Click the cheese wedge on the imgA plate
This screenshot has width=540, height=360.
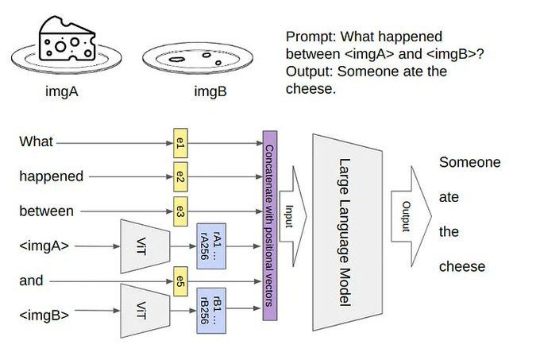(x=67, y=40)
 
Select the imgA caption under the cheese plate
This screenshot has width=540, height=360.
(x=66, y=91)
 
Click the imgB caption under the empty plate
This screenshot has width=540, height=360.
(x=210, y=91)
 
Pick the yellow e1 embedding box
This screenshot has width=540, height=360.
(x=180, y=144)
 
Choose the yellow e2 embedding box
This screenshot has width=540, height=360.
(x=180, y=177)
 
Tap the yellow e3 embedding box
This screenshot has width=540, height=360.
(x=180, y=211)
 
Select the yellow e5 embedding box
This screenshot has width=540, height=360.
(x=180, y=281)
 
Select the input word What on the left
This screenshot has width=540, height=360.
(x=37, y=142)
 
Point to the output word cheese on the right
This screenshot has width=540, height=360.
(x=462, y=266)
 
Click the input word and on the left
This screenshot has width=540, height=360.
(x=31, y=281)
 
